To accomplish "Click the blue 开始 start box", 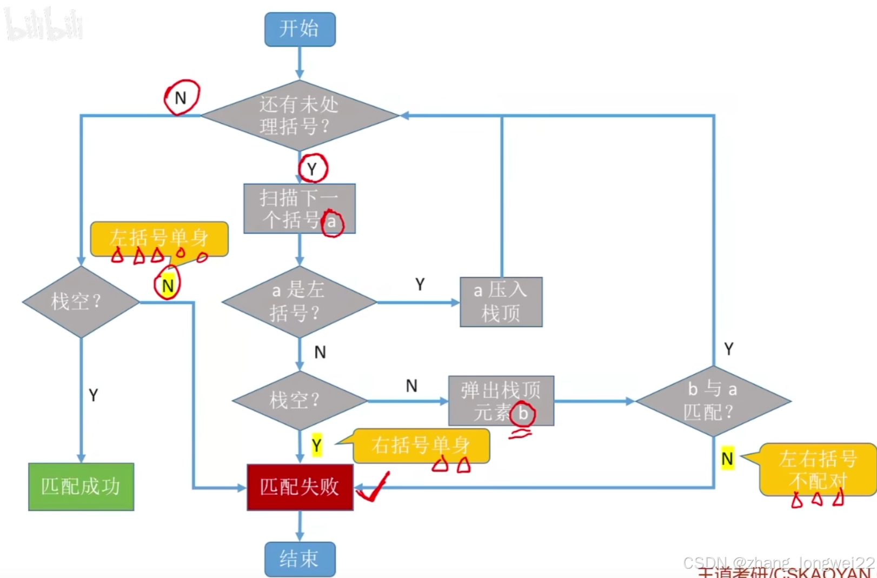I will coord(300,29).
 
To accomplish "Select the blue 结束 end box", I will coord(300,559).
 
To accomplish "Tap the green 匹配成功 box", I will coord(81,487).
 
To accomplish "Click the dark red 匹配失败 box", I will coord(300,487).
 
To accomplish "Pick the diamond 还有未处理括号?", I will coord(300,115).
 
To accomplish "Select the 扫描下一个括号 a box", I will coord(299,209).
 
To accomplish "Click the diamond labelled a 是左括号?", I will coord(299,302).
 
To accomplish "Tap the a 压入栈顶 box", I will coord(501,302).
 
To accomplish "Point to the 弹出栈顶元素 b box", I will coord(501,401).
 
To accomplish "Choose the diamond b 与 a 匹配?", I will coord(713,401).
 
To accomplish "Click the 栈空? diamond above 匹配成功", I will coord(81,302).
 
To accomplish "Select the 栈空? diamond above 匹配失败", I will coord(299,401).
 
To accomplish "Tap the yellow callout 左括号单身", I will coord(159,238).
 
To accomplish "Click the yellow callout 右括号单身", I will coord(421,446).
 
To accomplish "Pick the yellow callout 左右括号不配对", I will coord(818,469).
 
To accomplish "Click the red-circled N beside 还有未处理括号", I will coord(181,98).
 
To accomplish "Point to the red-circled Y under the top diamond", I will coord(313,169).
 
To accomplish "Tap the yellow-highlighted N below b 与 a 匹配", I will coord(727,459).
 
